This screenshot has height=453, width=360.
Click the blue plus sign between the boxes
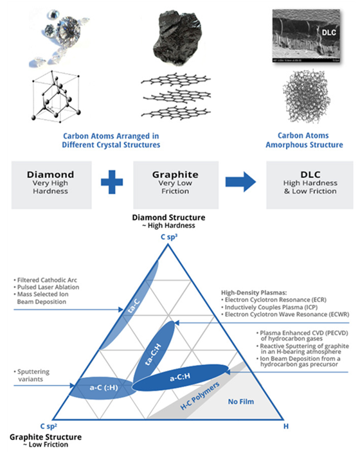click(x=112, y=182)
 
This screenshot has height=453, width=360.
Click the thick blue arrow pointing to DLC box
click(x=240, y=182)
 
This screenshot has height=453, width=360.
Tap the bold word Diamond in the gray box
click(x=51, y=175)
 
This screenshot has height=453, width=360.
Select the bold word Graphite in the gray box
click(x=175, y=175)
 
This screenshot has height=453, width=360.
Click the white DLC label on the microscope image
click(x=328, y=32)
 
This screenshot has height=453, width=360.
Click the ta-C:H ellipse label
click(x=153, y=354)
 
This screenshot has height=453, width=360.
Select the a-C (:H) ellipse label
click(x=104, y=387)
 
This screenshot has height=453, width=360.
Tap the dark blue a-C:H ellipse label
click(x=180, y=377)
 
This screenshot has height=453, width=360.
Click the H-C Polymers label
click(x=200, y=396)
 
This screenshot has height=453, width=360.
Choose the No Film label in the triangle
click(x=241, y=402)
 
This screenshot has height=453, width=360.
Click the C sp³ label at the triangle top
click(x=169, y=237)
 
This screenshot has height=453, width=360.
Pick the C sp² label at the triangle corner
click(x=49, y=426)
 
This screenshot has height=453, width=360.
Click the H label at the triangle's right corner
click(x=285, y=427)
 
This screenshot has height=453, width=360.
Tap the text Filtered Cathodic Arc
click(x=47, y=280)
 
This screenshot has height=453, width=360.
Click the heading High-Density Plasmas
click(x=254, y=292)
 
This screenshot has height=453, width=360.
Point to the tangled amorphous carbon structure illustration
click(x=306, y=96)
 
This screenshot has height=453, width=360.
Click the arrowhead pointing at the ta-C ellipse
click(x=121, y=310)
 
